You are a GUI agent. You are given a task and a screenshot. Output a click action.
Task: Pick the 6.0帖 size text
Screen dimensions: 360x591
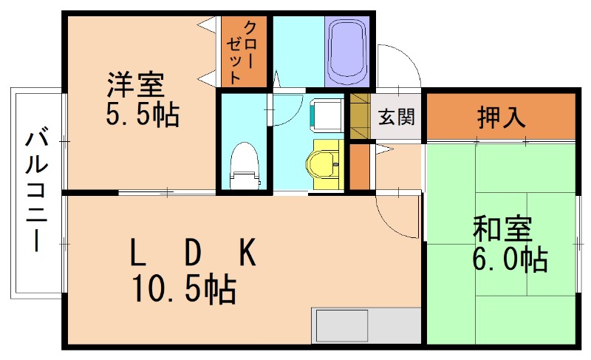pyautogui.click(x=510, y=259)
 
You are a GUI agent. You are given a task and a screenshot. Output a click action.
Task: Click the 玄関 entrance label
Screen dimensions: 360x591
pyautogui.click(x=396, y=117)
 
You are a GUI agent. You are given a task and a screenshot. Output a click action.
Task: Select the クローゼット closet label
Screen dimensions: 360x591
pyautogui.click(x=244, y=50)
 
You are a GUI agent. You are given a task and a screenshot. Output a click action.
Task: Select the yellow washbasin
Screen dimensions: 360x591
pyautogui.click(x=323, y=158)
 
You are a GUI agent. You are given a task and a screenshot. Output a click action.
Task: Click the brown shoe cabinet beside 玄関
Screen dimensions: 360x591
pyautogui.click(x=359, y=116)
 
